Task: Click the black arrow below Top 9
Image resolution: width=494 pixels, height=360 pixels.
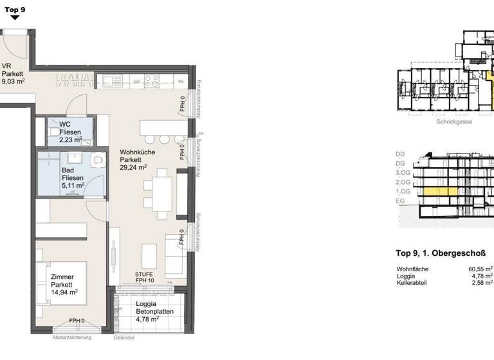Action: coord(15,18)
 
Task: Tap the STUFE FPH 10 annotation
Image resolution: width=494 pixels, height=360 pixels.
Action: coord(145,276)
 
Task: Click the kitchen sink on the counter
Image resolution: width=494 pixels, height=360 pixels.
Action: coord(111,81)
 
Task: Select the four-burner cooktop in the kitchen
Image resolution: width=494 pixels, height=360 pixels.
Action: coord(152,81)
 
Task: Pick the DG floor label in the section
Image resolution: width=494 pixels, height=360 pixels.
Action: coord(400,163)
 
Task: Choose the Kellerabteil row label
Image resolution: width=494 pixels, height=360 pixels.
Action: coord(412,282)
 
